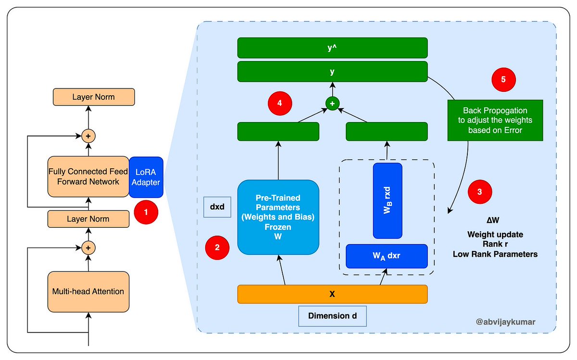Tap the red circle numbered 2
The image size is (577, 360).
217,248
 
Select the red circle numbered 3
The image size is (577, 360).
480,191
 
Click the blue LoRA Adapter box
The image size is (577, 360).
146,177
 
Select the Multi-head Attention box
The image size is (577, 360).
88,291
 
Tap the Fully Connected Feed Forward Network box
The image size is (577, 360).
88,176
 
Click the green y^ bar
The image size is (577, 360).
332,48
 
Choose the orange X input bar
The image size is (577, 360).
332,294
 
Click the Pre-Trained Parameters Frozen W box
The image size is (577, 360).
278,217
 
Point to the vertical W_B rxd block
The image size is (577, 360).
388,200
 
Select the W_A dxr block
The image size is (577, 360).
387,256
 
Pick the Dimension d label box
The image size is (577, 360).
332,316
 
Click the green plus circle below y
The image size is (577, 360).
332,103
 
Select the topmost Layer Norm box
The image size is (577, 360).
94,97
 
